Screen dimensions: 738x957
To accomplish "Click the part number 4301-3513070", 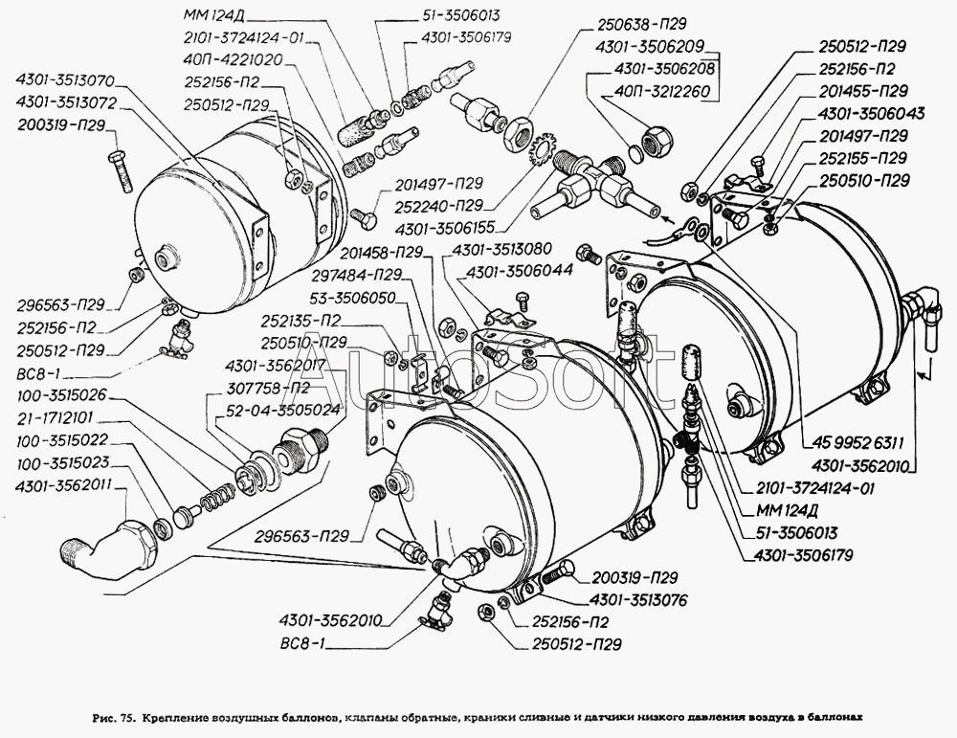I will pos(64,80).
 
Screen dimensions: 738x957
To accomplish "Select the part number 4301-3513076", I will pos(634,599).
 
